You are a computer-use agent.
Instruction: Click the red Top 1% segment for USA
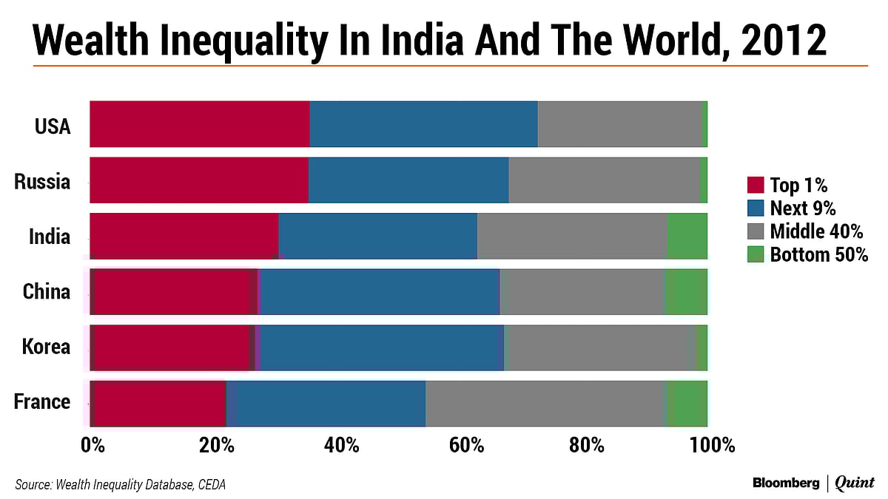point(200,124)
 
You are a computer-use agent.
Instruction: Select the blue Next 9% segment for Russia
point(408,180)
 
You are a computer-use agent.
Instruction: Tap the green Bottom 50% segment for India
point(687,236)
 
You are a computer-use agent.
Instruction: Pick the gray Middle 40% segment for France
point(546,403)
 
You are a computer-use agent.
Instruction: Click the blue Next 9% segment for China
point(380,291)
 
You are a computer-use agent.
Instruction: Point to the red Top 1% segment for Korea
point(174,347)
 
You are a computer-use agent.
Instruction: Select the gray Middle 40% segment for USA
point(619,124)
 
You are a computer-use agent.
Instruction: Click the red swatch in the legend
point(755,185)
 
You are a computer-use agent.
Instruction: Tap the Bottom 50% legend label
point(818,256)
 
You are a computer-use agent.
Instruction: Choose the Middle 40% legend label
point(816,232)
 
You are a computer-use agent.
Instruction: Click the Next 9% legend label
point(803,208)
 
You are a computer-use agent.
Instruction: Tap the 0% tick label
point(92,446)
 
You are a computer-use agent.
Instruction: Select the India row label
point(50,237)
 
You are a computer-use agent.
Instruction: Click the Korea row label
point(47,347)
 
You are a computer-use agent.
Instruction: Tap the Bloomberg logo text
point(786,483)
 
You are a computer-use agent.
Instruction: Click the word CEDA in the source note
point(210,485)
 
